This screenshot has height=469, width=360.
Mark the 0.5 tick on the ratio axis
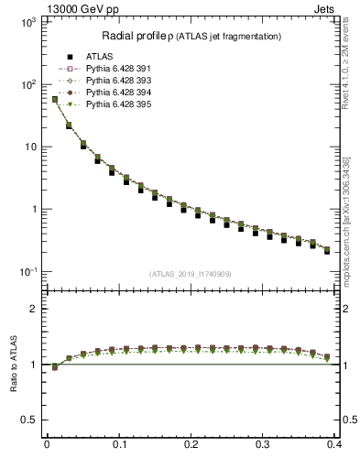30,420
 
